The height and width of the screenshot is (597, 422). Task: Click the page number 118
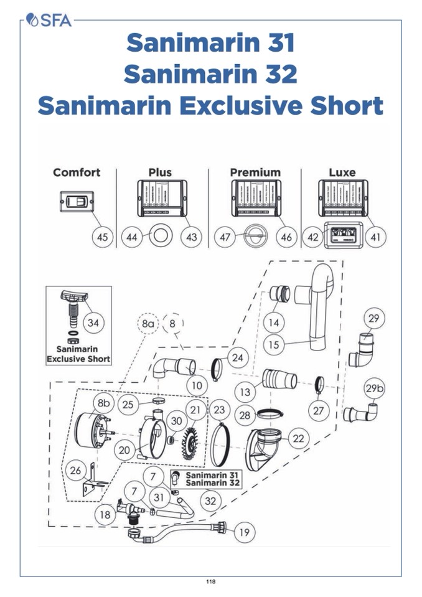coord(211,582)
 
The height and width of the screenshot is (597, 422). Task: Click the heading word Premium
coord(255,172)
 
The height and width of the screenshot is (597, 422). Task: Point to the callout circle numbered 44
coord(133,237)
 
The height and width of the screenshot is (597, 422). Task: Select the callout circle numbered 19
coord(243,532)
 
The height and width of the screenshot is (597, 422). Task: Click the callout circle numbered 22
coord(298,439)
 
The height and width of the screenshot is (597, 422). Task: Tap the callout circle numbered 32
coord(210,501)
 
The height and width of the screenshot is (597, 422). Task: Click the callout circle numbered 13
coord(246,392)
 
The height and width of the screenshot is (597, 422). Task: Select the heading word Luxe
coord(342,172)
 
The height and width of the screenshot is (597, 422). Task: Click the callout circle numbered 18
coord(105,514)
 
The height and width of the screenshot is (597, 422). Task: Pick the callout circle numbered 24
coord(236,358)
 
